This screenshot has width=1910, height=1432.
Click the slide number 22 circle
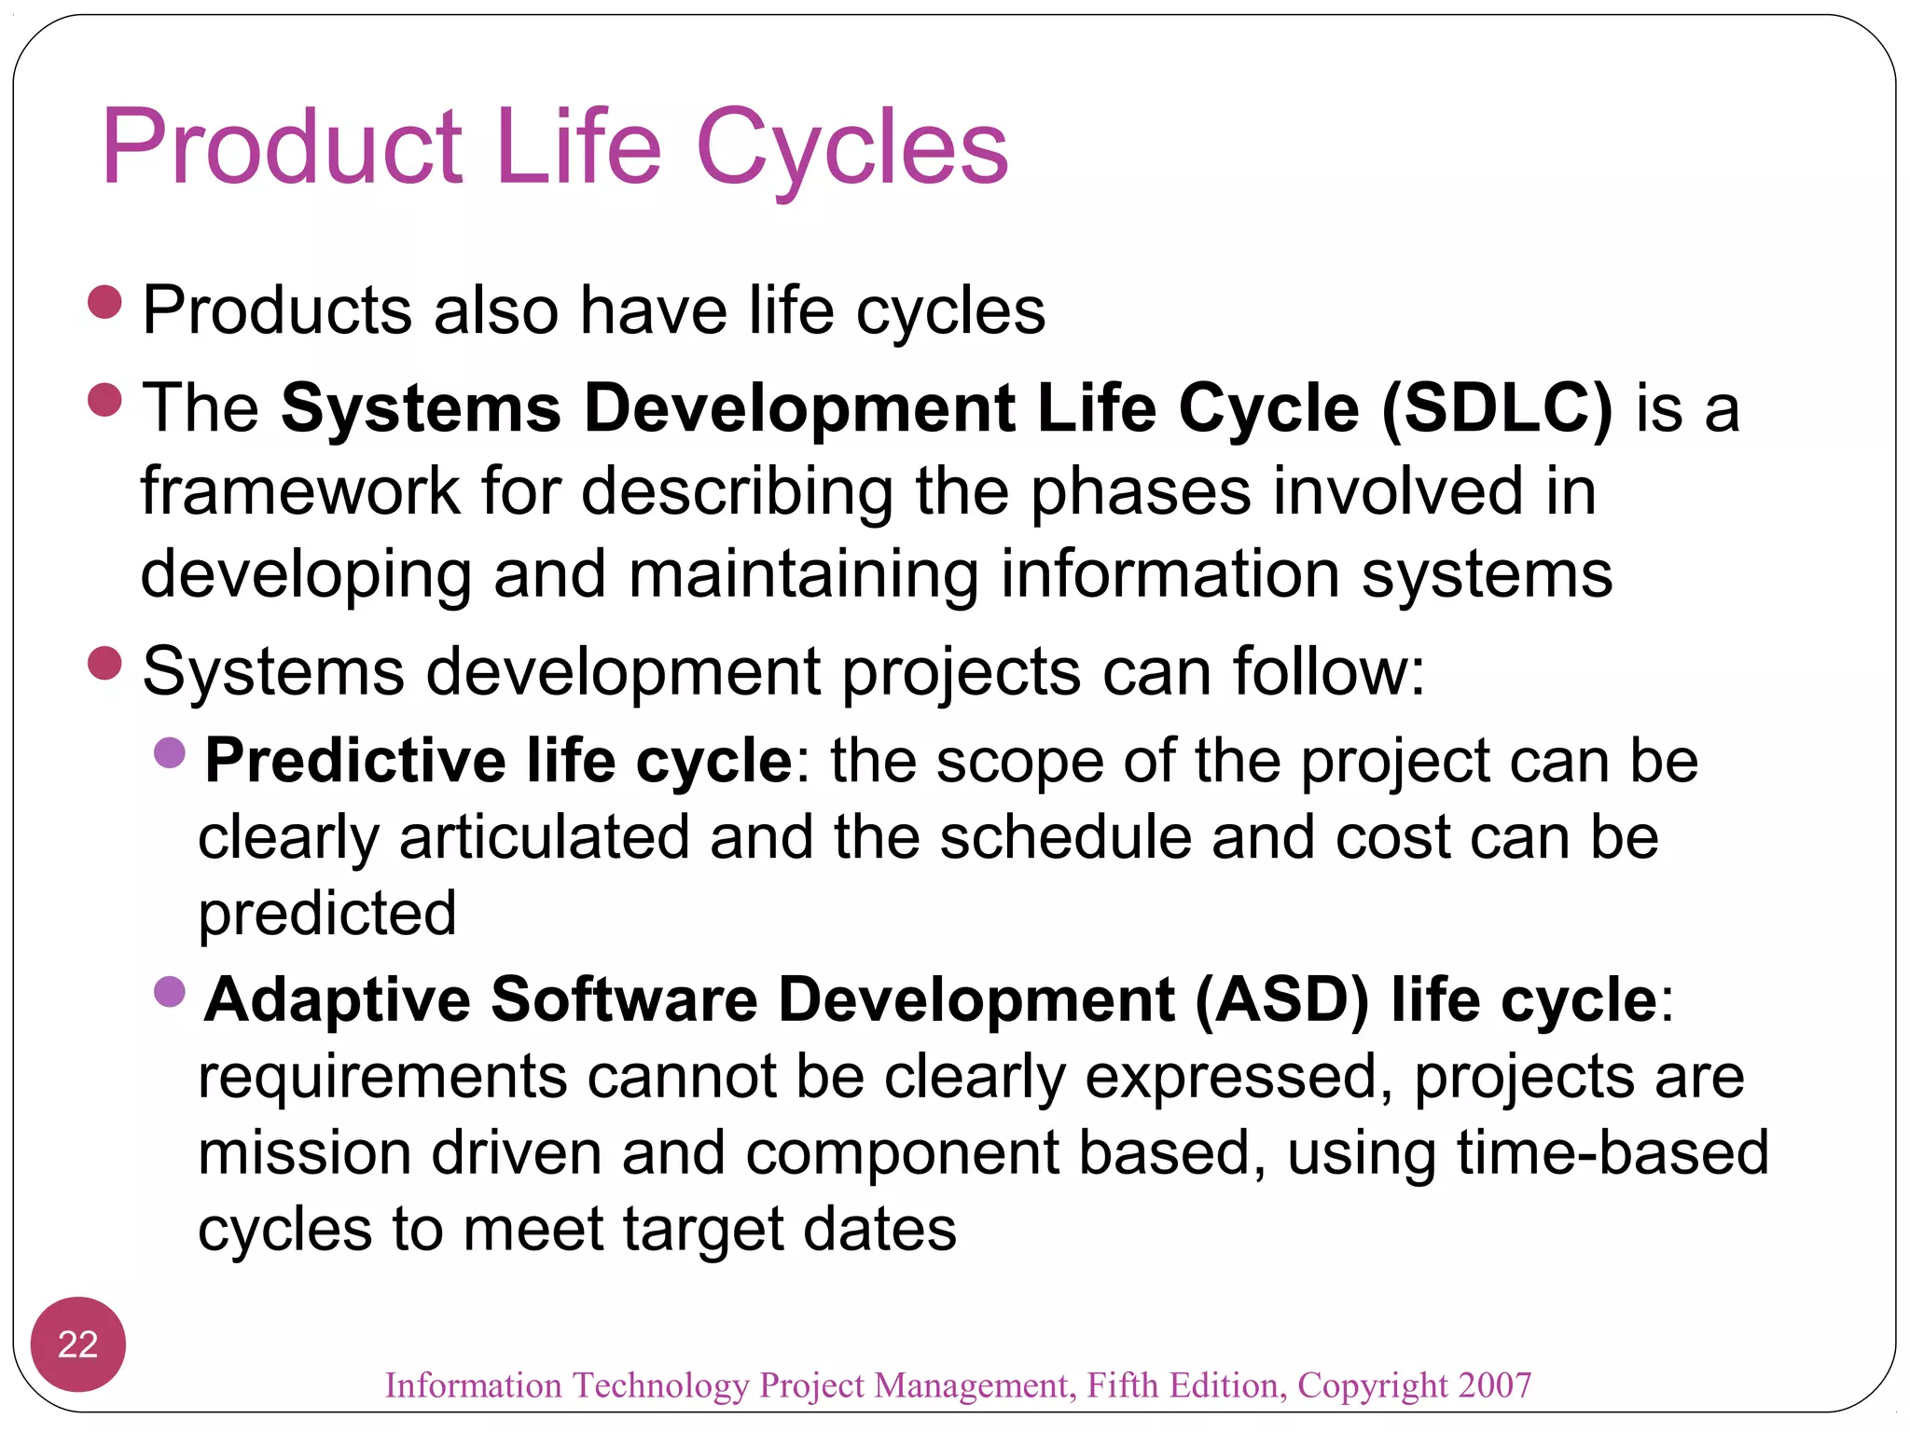(x=78, y=1343)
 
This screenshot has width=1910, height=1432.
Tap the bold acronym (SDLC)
(x=1496, y=408)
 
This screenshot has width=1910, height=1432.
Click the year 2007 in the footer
(x=1495, y=1385)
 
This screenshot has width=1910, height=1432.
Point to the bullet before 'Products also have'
(x=105, y=303)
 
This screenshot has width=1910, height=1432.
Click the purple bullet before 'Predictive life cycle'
(x=170, y=752)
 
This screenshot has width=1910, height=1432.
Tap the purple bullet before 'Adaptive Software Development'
(x=170, y=992)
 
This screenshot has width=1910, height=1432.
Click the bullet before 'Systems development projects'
(x=105, y=664)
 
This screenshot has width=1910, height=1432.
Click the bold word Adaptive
(x=338, y=1000)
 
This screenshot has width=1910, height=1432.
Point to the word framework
(x=299, y=491)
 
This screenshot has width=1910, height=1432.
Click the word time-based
(x=1612, y=1152)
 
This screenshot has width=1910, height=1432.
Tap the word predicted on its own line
(x=327, y=914)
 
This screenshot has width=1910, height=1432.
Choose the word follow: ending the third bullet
(x=1328, y=671)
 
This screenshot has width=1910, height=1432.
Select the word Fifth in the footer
(x=1125, y=1385)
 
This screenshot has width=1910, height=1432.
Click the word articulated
(x=544, y=837)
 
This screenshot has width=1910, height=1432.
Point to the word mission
(x=304, y=1152)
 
